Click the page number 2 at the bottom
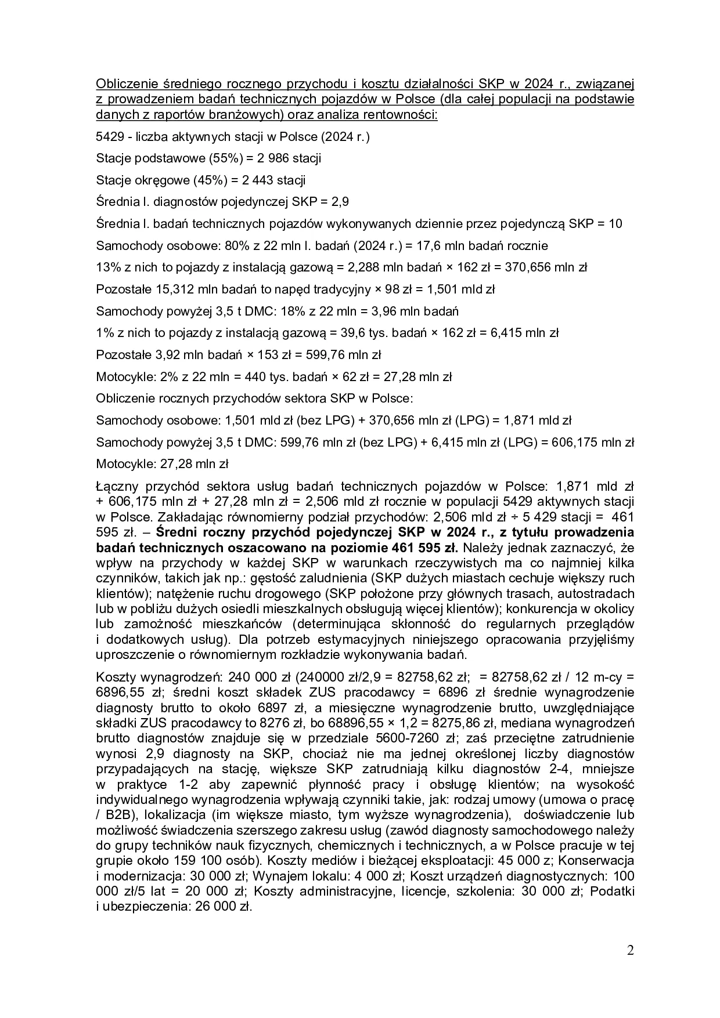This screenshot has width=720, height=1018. click(x=631, y=951)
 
